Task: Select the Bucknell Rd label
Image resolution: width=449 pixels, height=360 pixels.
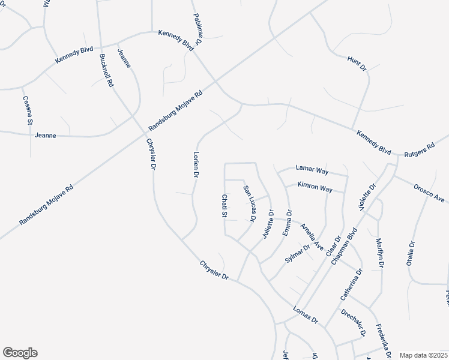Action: pos(106,71)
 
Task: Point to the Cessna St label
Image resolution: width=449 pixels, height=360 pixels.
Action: pos(27,110)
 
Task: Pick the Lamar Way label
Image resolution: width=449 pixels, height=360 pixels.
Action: pos(312,170)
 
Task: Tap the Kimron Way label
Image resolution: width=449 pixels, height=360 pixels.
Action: pos(315,188)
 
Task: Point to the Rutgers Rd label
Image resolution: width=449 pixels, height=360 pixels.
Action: pos(419,149)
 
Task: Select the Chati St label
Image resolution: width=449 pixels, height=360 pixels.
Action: pos(224,206)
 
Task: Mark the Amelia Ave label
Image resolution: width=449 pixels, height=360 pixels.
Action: pos(312,236)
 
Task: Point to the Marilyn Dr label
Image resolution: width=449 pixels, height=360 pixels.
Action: pos(379,253)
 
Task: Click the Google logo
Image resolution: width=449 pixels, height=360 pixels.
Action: pos(20,353)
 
